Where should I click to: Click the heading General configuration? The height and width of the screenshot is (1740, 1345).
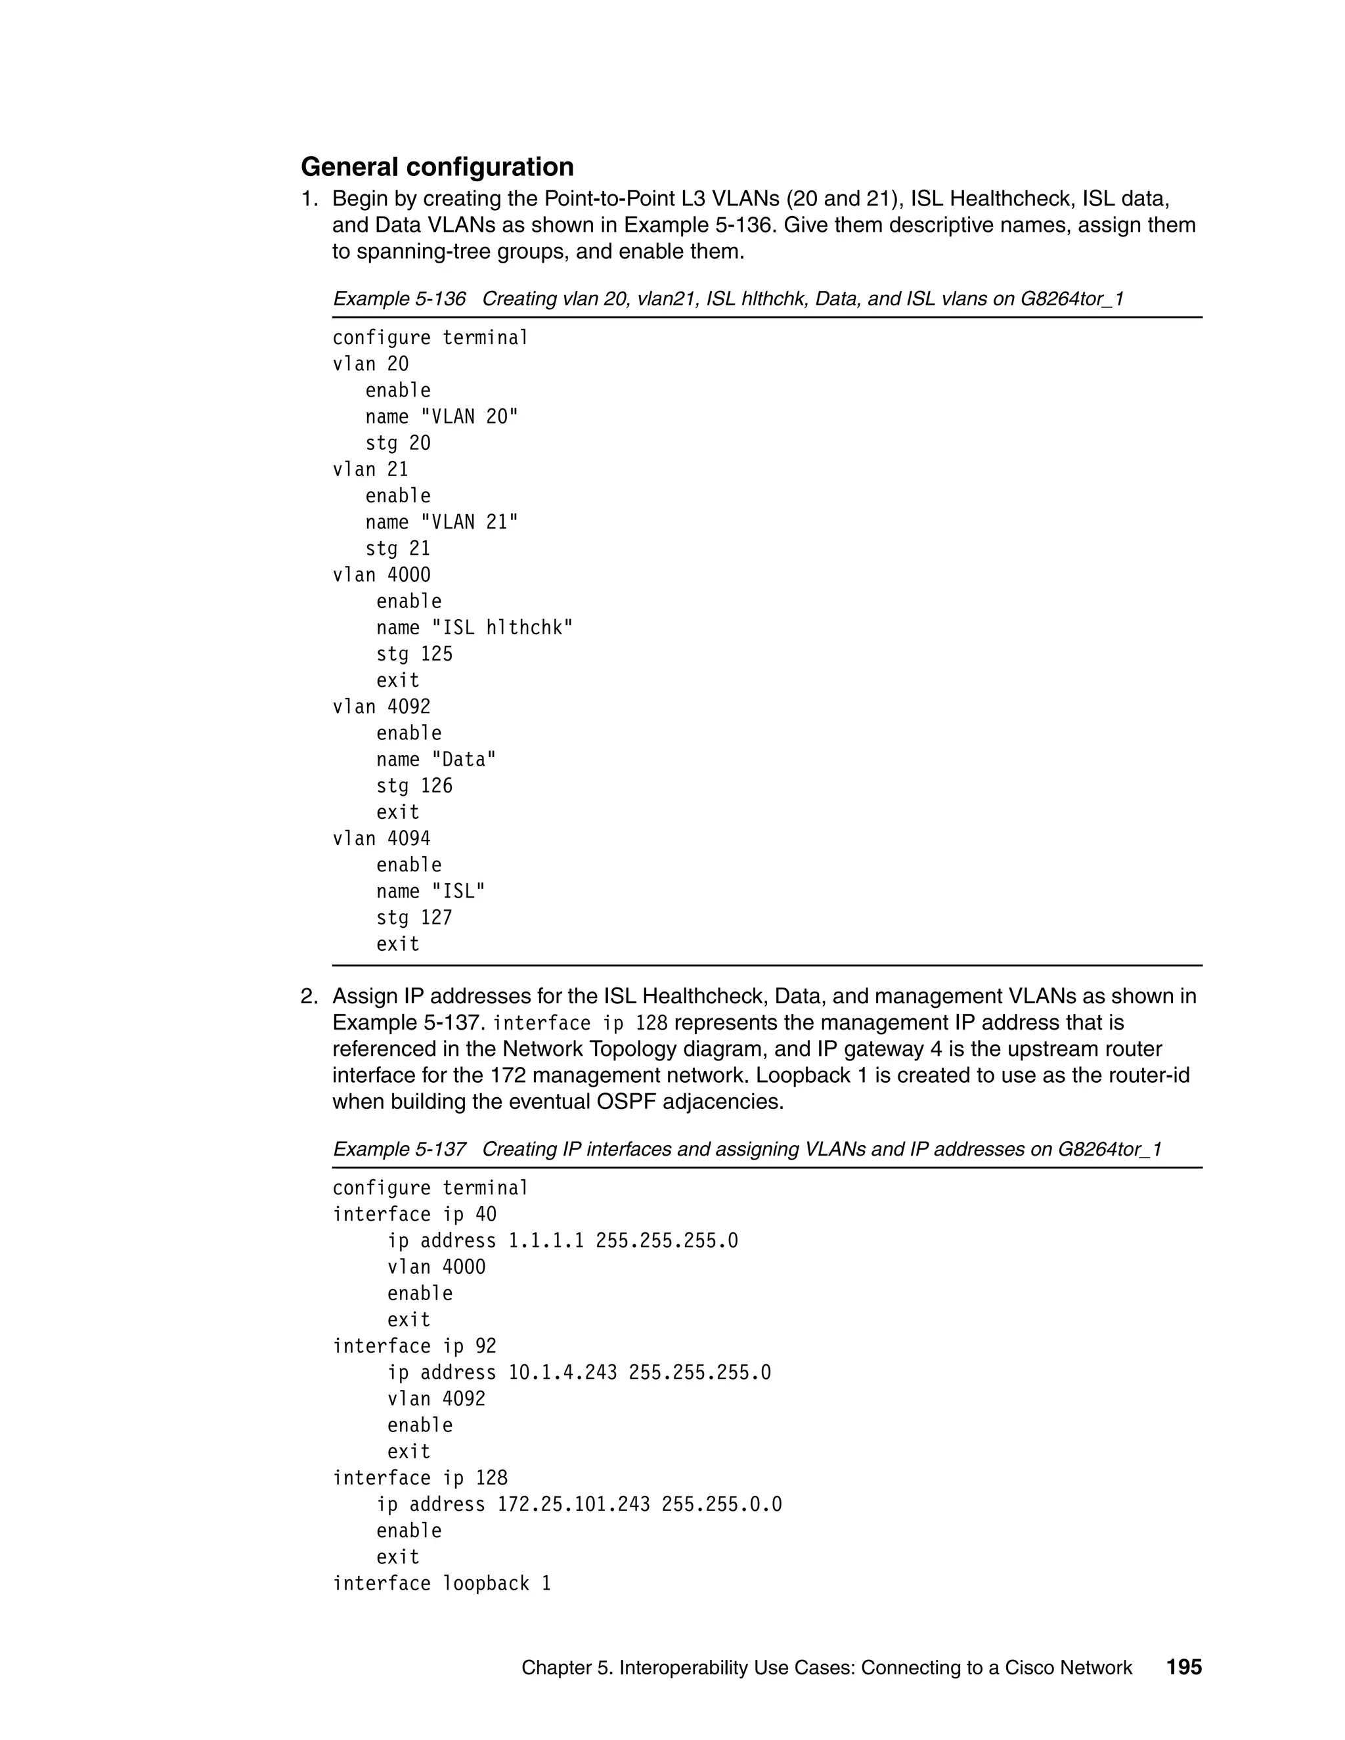click(437, 167)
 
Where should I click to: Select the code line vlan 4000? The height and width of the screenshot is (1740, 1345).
click(381, 575)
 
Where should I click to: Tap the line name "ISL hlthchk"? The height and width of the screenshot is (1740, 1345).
click(474, 628)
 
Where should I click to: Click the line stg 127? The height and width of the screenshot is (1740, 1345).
click(414, 918)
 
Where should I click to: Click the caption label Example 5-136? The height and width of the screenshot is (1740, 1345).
click(399, 299)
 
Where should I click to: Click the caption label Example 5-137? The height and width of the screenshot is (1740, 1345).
click(399, 1149)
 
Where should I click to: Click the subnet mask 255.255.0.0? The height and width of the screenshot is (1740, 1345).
click(721, 1504)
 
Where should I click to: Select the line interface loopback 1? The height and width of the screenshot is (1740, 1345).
click(441, 1583)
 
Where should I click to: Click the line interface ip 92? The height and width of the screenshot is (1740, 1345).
click(414, 1347)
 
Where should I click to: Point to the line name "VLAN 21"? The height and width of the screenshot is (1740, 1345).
click(441, 523)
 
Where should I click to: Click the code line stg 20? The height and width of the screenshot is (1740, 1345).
click(397, 444)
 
